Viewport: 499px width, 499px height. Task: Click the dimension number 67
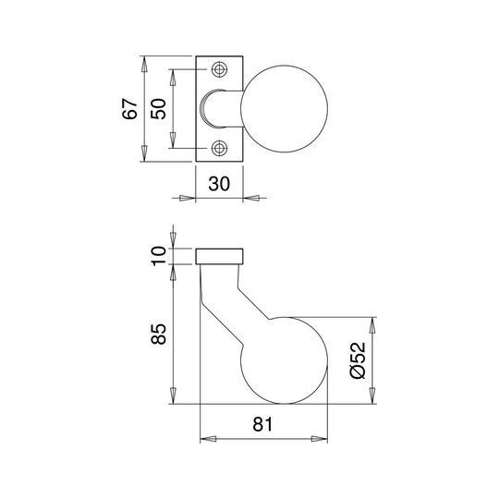(130, 109)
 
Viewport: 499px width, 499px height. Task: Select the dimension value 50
(159, 109)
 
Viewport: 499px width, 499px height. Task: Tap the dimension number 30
(219, 184)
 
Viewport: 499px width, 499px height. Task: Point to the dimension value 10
(159, 256)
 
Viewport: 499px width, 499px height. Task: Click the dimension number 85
(159, 335)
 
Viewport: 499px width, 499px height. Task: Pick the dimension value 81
(262, 424)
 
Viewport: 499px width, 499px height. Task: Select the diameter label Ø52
(358, 360)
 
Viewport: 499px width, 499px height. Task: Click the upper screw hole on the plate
(219, 69)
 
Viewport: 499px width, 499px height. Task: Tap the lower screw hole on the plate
(219, 148)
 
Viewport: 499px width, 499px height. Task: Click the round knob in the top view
(285, 109)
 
